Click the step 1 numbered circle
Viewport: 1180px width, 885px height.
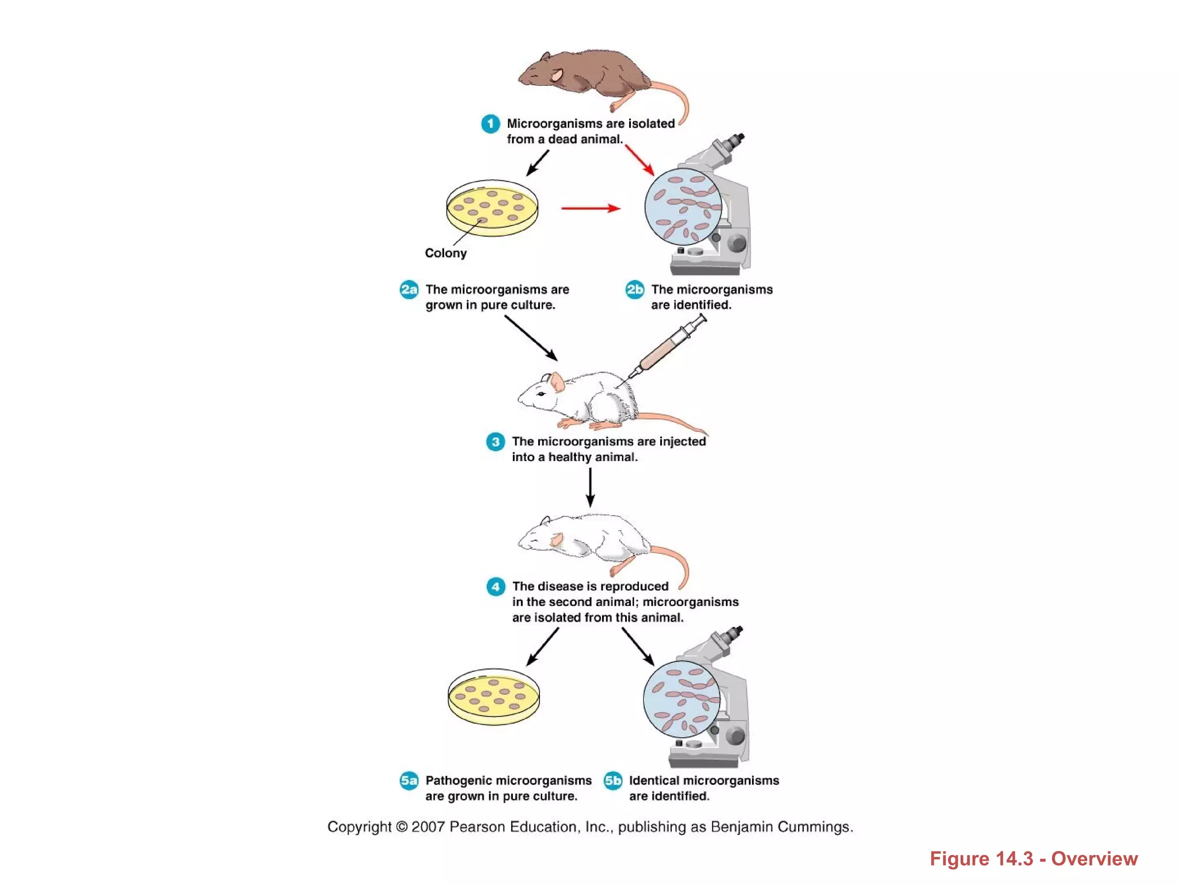[490, 124]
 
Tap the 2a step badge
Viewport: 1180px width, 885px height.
[409, 289]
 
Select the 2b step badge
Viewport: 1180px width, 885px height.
[635, 289]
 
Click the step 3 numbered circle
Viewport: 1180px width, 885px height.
[496, 442]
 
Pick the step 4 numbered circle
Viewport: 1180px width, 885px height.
[496, 587]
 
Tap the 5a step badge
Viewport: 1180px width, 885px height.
[409, 781]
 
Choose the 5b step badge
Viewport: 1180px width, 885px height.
[613, 781]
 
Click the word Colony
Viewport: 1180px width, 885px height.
[445, 253]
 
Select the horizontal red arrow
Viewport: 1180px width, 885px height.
[591, 208]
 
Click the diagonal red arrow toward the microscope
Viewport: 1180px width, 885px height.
[640, 160]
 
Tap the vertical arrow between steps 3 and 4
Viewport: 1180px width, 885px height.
[590, 487]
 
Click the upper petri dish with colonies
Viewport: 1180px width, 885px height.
[492, 208]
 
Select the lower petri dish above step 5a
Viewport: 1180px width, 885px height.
[494, 696]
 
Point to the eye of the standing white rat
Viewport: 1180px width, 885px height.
[540, 394]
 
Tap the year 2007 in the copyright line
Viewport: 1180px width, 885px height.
[428, 827]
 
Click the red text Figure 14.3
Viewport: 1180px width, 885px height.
[982, 858]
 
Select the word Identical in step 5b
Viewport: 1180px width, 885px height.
[654, 781]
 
